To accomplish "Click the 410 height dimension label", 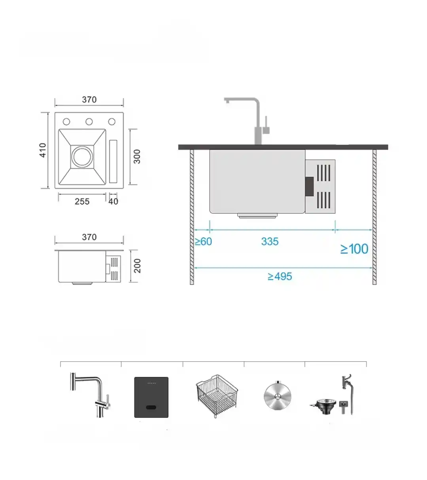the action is click(x=43, y=150).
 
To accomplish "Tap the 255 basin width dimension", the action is click(x=82, y=201).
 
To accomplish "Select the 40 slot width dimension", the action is click(x=113, y=201).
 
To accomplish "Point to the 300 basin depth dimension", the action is click(x=137, y=156).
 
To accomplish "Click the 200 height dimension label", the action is click(x=137, y=266).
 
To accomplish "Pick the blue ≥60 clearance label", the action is click(x=203, y=242).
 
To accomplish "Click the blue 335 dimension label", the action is click(x=270, y=242).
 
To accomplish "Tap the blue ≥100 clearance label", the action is click(x=354, y=249).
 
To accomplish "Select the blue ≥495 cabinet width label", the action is click(x=280, y=277).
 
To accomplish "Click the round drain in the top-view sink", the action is click(x=82, y=157).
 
